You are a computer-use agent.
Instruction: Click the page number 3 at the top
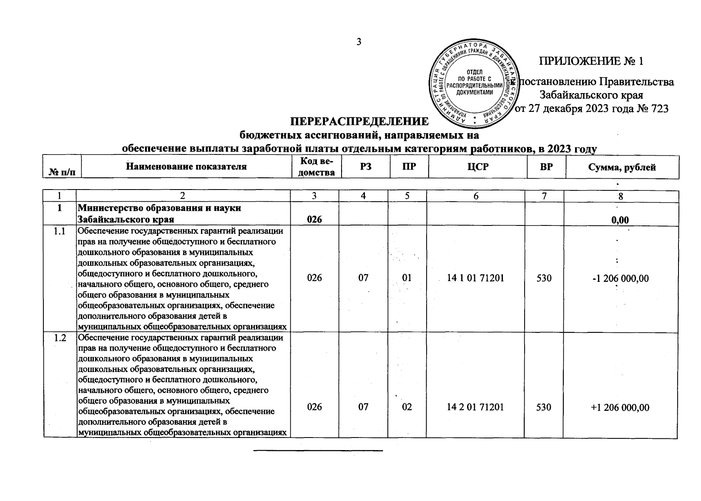(358, 42)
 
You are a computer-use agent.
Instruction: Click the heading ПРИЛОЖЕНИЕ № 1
(591, 61)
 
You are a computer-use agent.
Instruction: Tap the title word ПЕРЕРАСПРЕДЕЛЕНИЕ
(359, 121)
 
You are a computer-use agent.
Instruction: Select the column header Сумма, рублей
(622, 167)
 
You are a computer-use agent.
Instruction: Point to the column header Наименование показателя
(186, 167)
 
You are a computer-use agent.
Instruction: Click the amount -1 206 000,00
(621, 278)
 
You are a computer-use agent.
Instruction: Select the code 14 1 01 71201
(475, 278)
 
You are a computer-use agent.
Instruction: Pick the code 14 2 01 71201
(475, 407)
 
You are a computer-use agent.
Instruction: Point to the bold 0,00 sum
(620, 220)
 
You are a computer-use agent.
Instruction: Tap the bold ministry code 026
(314, 220)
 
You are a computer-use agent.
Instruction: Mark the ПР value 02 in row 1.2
(407, 407)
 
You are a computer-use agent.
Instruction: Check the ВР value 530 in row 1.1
(544, 278)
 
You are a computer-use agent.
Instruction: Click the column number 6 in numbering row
(475, 196)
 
